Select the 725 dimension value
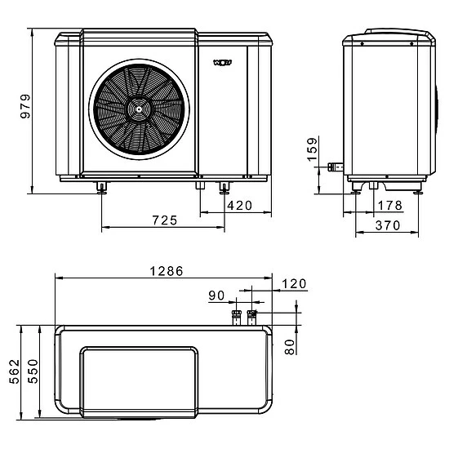point(166,221)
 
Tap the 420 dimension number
point(239,205)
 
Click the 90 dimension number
point(216,296)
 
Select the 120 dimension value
point(293,284)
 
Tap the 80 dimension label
point(289,345)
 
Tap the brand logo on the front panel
point(222,62)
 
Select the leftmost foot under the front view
point(101,189)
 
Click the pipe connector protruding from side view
point(334,167)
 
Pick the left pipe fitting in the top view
point(238,317)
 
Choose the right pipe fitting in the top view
point(252,317)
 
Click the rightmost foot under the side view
point(419,190)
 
